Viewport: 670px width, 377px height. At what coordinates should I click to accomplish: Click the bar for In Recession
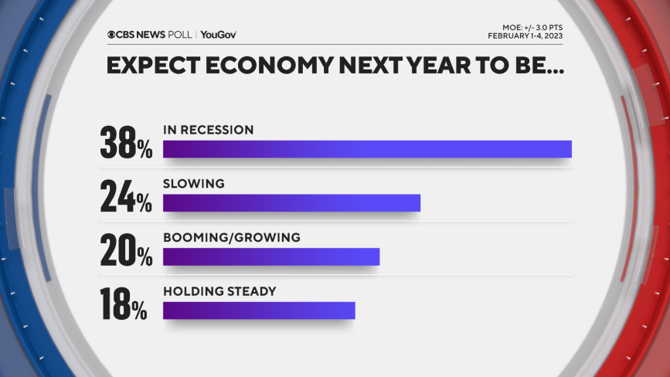pos(367,149)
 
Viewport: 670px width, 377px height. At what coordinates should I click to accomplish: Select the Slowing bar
pos(291,202)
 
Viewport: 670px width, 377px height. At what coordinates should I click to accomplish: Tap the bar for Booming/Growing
pos(271,256)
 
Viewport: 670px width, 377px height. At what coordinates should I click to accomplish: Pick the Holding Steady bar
pos(259,310)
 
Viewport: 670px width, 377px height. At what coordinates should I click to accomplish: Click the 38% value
pos(126,143)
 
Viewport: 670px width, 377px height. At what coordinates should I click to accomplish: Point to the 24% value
pos(126,197)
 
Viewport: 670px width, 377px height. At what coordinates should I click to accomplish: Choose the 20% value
pos(126,251)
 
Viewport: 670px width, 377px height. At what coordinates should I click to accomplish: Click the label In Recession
pos(208,130)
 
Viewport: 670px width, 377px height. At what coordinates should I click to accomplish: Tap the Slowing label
pos(194,184)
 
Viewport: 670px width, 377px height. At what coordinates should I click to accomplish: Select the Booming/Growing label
pos(231,237)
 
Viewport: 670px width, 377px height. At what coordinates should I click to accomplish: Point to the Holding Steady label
pos(219,291)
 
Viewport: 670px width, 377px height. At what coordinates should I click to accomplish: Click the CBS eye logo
pos(113,35)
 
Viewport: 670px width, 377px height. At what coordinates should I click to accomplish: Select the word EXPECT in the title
pos(148,66)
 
